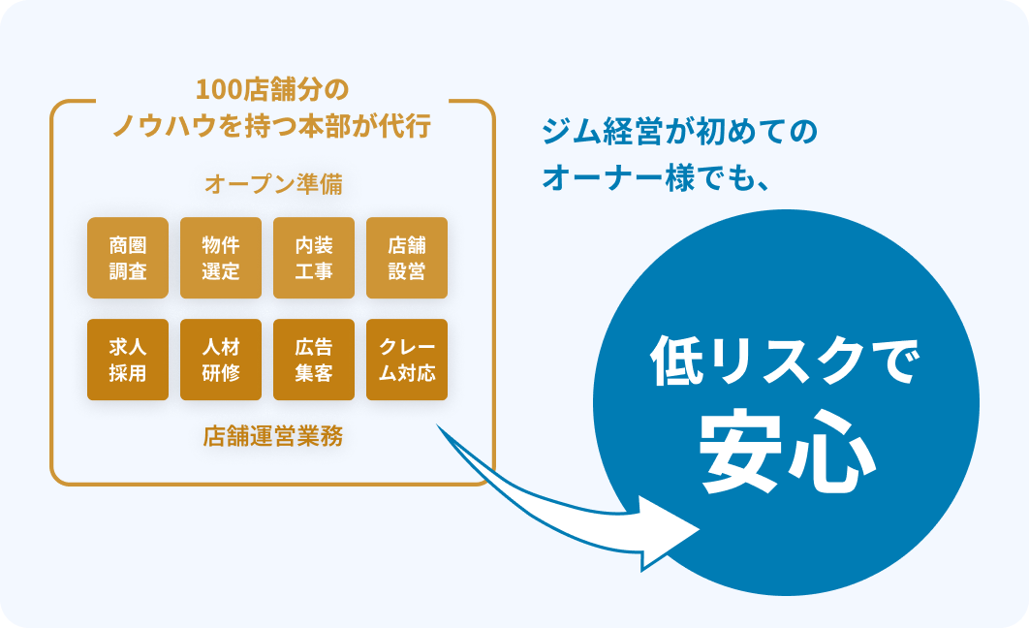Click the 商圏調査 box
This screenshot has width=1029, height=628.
pyautogui.click(x=128, y=258)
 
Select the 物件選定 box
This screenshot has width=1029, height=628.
pyautogui.click(x=221, y=258)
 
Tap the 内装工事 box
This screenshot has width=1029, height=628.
pyautogui.click(x=314, y=258)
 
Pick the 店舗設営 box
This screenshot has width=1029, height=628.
pyautogui.click(x=407, y=258)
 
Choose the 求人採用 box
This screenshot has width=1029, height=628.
pyautogui.click(x=128, y=360)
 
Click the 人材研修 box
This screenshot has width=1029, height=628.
pyautogui.click(x=221, y=360)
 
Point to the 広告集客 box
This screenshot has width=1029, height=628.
pyautogui.click(x=314, y=360)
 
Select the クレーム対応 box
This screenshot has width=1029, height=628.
pyautogui.click(x=407, y=360)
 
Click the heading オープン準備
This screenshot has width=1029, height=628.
pyautogui.click(x=272, y=184)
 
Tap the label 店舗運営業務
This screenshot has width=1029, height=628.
pyautogui.click(x=272, y=436)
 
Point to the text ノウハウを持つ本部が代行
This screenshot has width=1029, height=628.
pyautogui.click(x=272, y=127)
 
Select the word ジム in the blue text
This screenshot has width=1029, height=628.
pyautogui.click(x=568, y=134)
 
